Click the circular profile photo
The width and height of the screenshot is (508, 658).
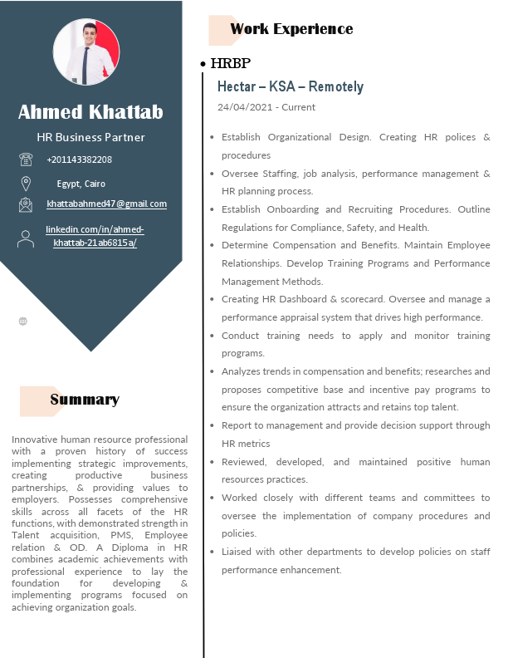(x=86, y=52)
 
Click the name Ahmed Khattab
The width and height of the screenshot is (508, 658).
(x=90, y=112)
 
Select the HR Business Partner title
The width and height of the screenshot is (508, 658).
(x=90, y=137)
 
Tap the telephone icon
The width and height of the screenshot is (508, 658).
(x=26, y=160)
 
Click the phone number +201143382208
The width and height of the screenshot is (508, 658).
(x=79, y=160)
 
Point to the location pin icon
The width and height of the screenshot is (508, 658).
(x=26, y=183)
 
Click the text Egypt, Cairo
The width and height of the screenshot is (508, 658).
(x=81, y=184)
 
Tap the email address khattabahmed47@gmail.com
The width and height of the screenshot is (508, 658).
(x=106, y=204)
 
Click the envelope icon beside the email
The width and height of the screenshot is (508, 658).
(x=26, y=204)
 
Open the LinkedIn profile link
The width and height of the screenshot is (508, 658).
(x=95, y=236)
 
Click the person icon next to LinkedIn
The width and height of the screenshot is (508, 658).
(x=26, y=238)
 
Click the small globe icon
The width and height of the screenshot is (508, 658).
(x=22, y=321)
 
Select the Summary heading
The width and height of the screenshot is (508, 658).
(x=85, y=400)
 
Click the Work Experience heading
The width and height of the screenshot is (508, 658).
(x=291, y=29)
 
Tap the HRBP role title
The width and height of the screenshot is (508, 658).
(x=231, y=63)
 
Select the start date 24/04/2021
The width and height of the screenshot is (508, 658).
(x=245, y=107)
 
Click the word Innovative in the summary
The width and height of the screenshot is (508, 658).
(x=35, y=438)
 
